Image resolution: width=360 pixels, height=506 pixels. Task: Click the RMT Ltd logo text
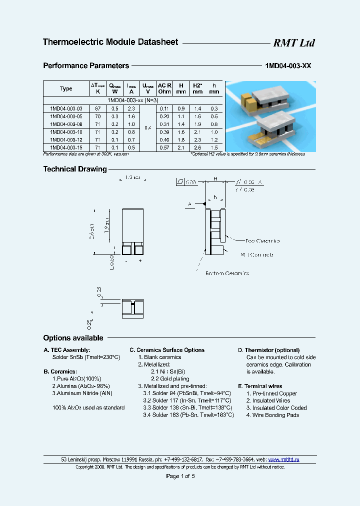[x=293, y=43]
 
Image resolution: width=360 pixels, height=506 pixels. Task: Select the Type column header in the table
[x=66, y=88]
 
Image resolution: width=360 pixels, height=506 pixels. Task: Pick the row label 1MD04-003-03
[x=66, y=108]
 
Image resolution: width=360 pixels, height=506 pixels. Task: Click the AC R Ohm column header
[x=164, y=88]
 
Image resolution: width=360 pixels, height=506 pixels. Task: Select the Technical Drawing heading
[x=75, y=169]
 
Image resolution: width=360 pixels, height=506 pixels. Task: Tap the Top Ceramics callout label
[x=262, y=241]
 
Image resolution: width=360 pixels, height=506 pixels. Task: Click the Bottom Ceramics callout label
[x=227, y=273]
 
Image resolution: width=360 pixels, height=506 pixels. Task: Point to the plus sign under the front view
[x=140, y=261]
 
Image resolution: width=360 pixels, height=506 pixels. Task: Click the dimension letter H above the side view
[x=215, y=179]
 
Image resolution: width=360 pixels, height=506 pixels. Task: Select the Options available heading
[x=73, y=338]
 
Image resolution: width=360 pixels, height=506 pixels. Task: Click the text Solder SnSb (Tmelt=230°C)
[x=86, y=357]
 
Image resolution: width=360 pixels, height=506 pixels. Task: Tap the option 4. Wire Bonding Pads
[x=272, y=415]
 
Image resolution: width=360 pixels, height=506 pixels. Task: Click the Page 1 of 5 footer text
[x=180, y=476]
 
